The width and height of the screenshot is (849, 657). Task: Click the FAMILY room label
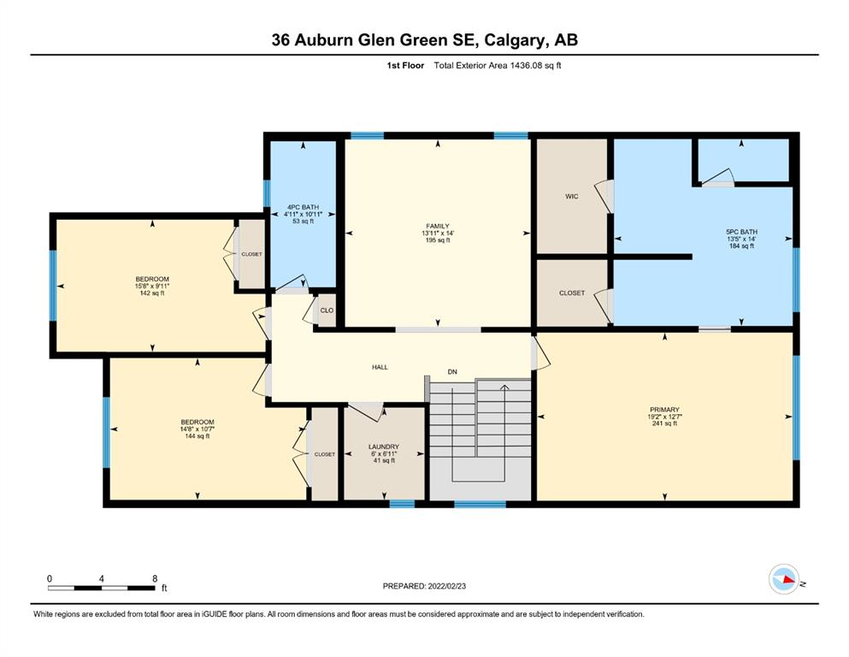[x=438, y=227]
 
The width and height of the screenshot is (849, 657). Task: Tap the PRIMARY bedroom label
[x=664, y=410]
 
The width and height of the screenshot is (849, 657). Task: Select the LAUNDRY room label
[x=384, y=447]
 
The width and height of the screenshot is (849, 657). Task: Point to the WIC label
[x=572, y=197]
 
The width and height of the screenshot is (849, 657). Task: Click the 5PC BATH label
[x=742, y=232]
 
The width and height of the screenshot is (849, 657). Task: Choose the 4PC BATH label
[x=304, y=207]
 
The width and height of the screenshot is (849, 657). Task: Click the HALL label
[x=380, y=367]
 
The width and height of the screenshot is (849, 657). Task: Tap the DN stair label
[x=452, y=372]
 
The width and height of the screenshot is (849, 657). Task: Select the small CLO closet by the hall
[x=327, y=311]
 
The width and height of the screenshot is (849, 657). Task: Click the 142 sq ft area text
[x=152, y=293]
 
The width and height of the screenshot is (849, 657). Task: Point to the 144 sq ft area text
[x=198, y=436]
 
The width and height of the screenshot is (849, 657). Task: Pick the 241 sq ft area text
[x=664, y=423]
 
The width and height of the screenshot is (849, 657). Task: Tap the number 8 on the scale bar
[x=155, y=578]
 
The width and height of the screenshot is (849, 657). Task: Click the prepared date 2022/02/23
[x=446, y=586]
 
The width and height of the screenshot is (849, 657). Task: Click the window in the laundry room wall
[x=403, y=504]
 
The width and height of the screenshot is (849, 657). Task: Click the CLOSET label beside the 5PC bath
[x=572, y=293]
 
